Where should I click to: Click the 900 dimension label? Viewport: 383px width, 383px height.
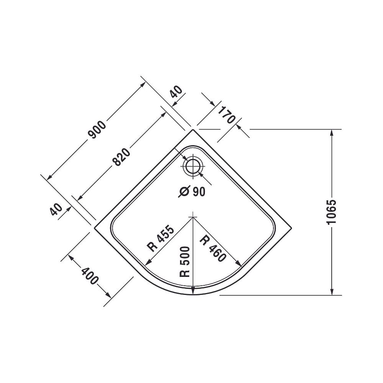pos(97,130)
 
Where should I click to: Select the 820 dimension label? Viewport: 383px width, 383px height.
pos(121,157)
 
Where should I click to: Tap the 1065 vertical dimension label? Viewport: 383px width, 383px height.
pos(331,211)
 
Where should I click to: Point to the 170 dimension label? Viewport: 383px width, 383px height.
pos(226,115)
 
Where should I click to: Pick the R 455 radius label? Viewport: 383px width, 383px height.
pos(161,239)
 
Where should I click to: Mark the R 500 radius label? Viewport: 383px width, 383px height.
pos(185,262)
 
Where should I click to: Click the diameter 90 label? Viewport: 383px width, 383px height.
pos(192,192)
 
